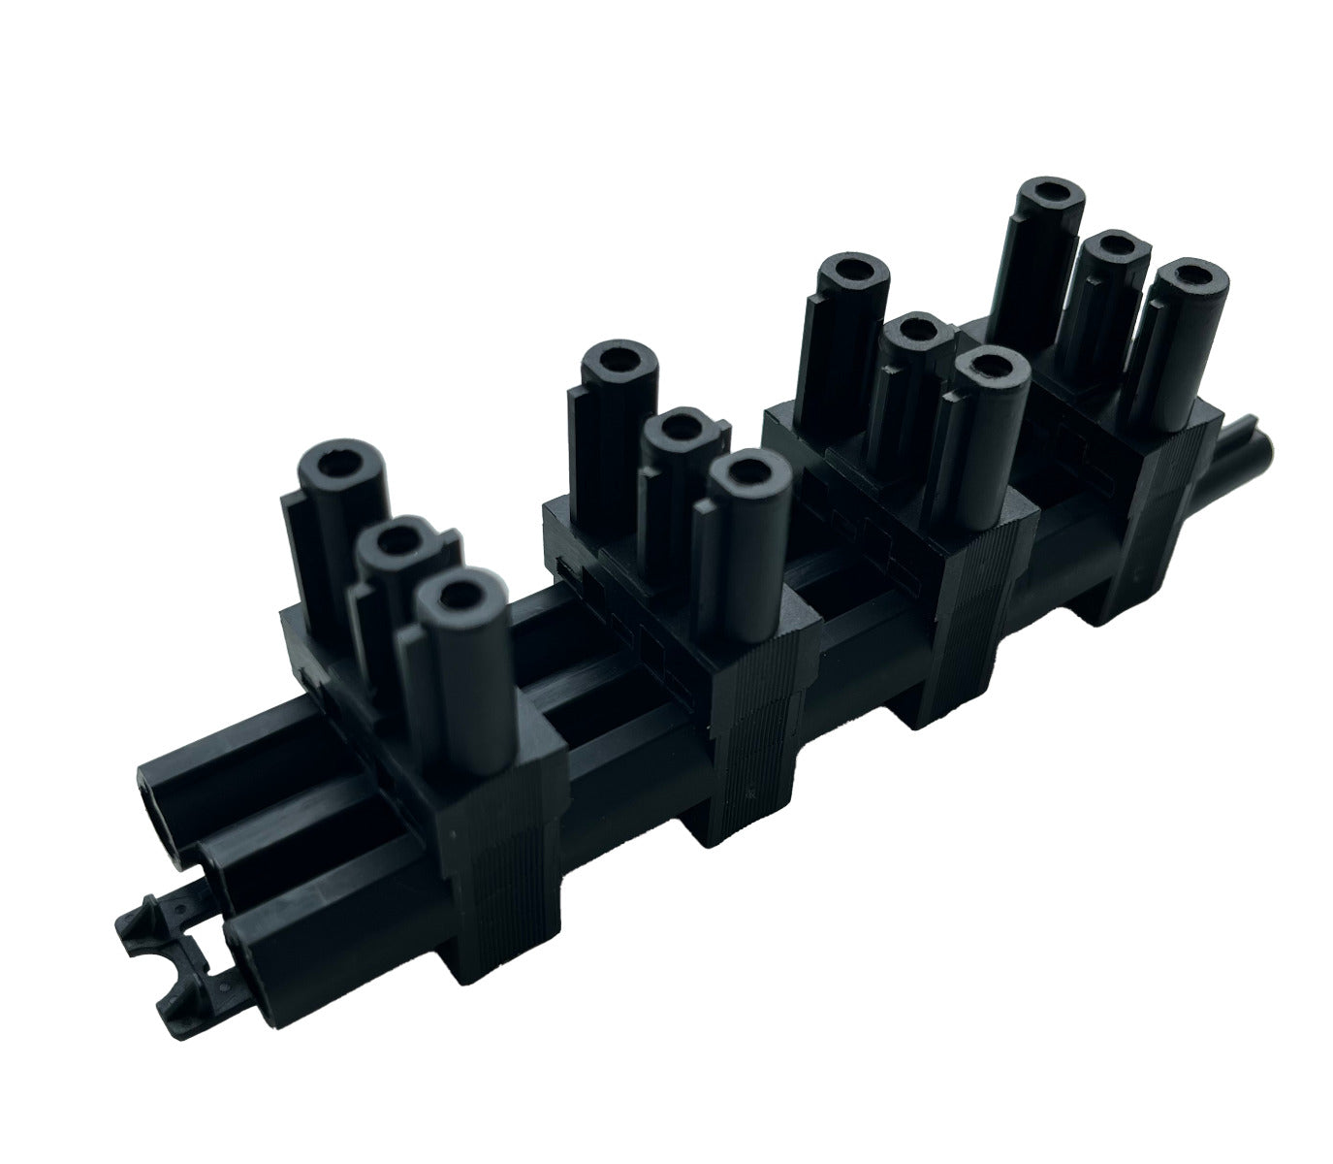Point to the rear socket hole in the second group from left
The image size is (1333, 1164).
tap(618, 361)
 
